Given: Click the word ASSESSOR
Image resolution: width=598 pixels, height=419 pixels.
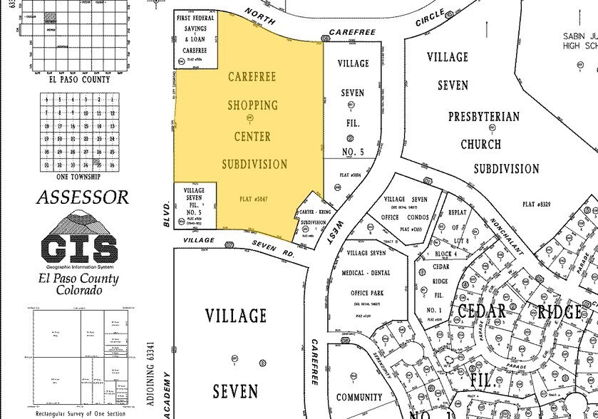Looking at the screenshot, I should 83,197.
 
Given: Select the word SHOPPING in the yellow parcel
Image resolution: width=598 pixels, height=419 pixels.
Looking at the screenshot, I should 252,105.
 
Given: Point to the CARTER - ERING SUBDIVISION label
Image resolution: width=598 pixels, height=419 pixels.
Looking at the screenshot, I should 317,217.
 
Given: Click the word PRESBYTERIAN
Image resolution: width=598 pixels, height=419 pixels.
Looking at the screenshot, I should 483,116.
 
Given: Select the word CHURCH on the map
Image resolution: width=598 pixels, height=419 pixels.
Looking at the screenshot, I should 480,143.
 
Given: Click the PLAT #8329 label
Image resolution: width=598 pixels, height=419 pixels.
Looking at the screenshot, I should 538,204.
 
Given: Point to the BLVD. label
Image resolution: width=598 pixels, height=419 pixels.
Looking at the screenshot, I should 166,214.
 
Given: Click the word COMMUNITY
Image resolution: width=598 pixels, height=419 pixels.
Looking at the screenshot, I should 359,398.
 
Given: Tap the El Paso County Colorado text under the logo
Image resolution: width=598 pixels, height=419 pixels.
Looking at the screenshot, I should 78,284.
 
